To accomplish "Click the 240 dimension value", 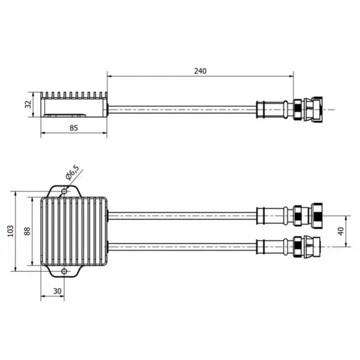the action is click(200, 71).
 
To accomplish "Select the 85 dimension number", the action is click(74, 128).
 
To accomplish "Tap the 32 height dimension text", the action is click(28, 104).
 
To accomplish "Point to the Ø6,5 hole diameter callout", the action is click(72, 172).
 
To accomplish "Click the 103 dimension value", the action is click(11, 231).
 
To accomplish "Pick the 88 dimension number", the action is click(27, 231).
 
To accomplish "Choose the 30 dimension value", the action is click(57, 291).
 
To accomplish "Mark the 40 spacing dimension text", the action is click(341, 231).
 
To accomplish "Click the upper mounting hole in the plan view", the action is click(65, 191).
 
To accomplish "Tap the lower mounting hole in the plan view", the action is click(64, 272).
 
